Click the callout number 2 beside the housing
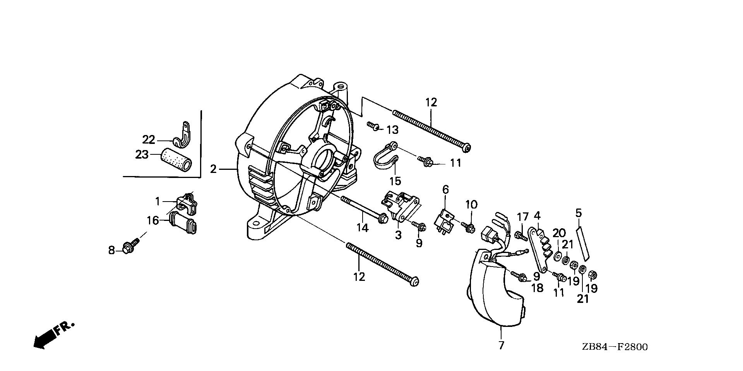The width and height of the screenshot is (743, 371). click(x=213, y=169)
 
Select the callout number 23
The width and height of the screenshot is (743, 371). click(x=142, y=154)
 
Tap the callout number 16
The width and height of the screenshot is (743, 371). click(x=152, y=221)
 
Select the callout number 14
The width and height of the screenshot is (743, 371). click(x=362, y=228)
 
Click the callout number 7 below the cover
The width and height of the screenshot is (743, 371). click(x=501, y=345)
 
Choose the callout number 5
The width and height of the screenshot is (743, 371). click(x=579, y=213)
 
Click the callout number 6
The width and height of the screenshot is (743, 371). click(x=446, y=190)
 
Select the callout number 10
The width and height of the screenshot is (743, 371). click(x=471, y=204)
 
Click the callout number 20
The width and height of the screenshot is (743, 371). click(x=559, y=233)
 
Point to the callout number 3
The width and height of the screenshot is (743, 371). click(x=398, y=235)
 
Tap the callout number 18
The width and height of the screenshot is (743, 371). click(x=538, y=288)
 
